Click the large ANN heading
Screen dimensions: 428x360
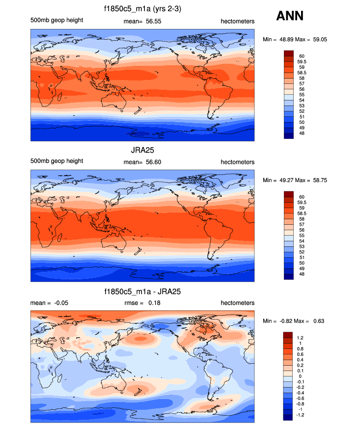[x=290, y=16]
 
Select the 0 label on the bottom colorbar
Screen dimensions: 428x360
[x=300, y=376]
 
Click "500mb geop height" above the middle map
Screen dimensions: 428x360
[x=56, y=161]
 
